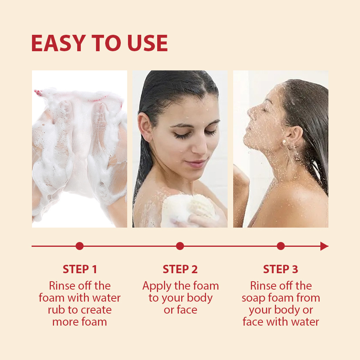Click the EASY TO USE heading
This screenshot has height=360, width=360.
tap(100, 43)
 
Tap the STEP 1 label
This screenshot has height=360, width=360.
tap(80, 269)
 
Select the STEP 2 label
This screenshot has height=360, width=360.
tap(180, 269)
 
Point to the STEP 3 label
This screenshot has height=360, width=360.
tap(280, 269)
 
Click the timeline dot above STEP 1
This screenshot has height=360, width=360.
tap(80, 246)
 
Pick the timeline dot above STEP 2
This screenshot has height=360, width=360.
tap(180, 246)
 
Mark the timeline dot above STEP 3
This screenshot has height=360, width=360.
tap(280, 246)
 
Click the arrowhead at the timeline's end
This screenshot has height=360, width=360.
tap(324, 246)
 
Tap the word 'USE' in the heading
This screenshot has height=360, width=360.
tap(147, 43)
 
